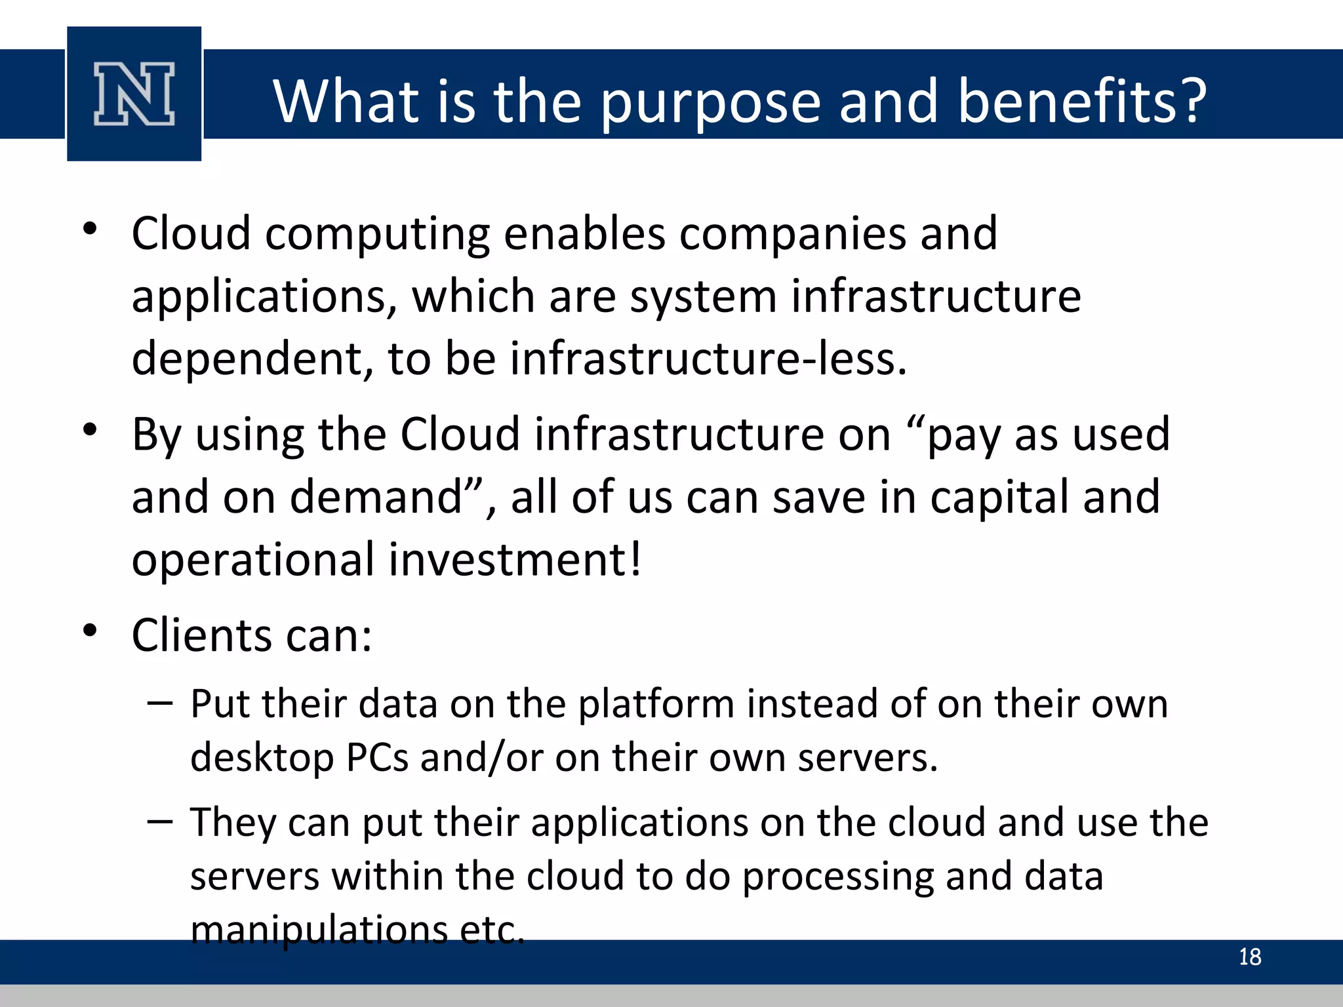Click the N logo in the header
(134, 94)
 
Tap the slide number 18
(1250, 957)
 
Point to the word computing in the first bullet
(377, 234)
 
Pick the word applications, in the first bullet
(264, 297)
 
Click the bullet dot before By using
(90, 430)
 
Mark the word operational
(253, 560)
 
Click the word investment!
(515, 560)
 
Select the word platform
(656, 705)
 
